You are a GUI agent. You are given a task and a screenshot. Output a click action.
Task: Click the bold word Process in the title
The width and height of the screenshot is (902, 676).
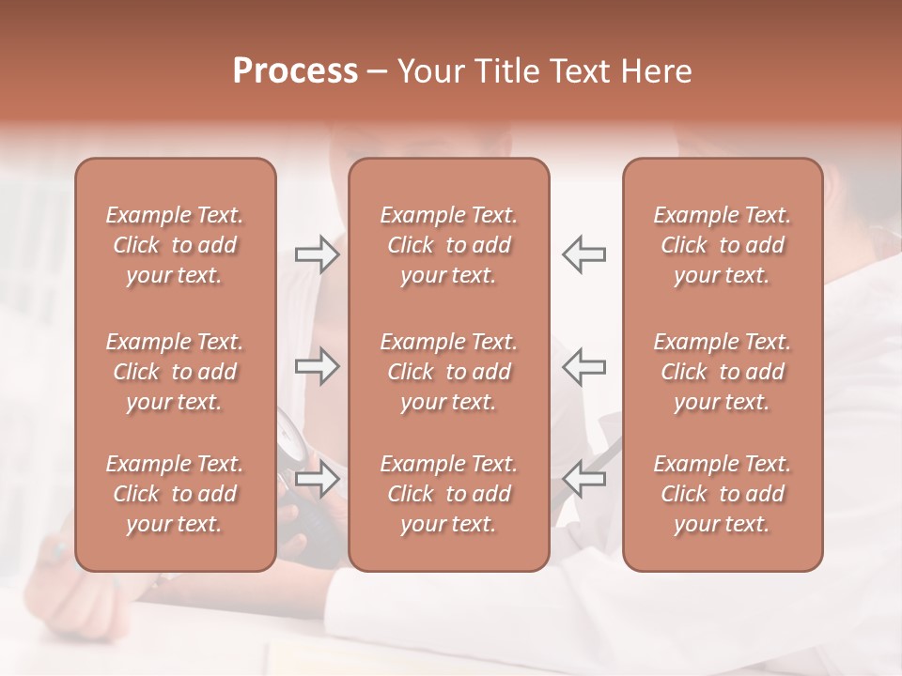pos(295,71)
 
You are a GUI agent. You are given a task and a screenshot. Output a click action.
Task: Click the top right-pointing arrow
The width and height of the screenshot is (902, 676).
pos(317,254)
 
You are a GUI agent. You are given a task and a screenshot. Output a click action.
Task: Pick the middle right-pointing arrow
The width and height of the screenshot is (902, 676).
pos(317,366)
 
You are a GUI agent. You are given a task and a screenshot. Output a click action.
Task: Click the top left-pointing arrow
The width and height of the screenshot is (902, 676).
pos(583,254)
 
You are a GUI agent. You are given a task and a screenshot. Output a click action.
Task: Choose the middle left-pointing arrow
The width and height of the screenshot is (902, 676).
pos(583,366)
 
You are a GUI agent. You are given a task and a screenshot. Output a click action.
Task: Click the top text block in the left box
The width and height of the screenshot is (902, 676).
pos(175,245)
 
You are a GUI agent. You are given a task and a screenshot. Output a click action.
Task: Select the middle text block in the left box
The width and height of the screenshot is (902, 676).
pos(175,372)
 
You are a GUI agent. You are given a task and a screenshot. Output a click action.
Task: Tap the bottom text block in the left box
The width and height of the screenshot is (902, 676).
pos(175,494)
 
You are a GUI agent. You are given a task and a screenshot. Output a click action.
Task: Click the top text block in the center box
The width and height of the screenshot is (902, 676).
pos(448,245)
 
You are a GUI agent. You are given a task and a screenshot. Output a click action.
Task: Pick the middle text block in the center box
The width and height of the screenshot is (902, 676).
pos(448,372)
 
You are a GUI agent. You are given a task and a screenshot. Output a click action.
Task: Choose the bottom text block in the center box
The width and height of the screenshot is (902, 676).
pos(448,494)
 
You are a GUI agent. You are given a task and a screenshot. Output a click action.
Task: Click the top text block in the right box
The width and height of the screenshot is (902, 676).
pos(723,245)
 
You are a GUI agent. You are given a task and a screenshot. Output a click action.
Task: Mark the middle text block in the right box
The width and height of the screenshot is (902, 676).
pos(723,372)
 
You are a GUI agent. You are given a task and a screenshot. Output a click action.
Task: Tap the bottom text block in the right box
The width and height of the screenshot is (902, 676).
pos(723,494)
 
